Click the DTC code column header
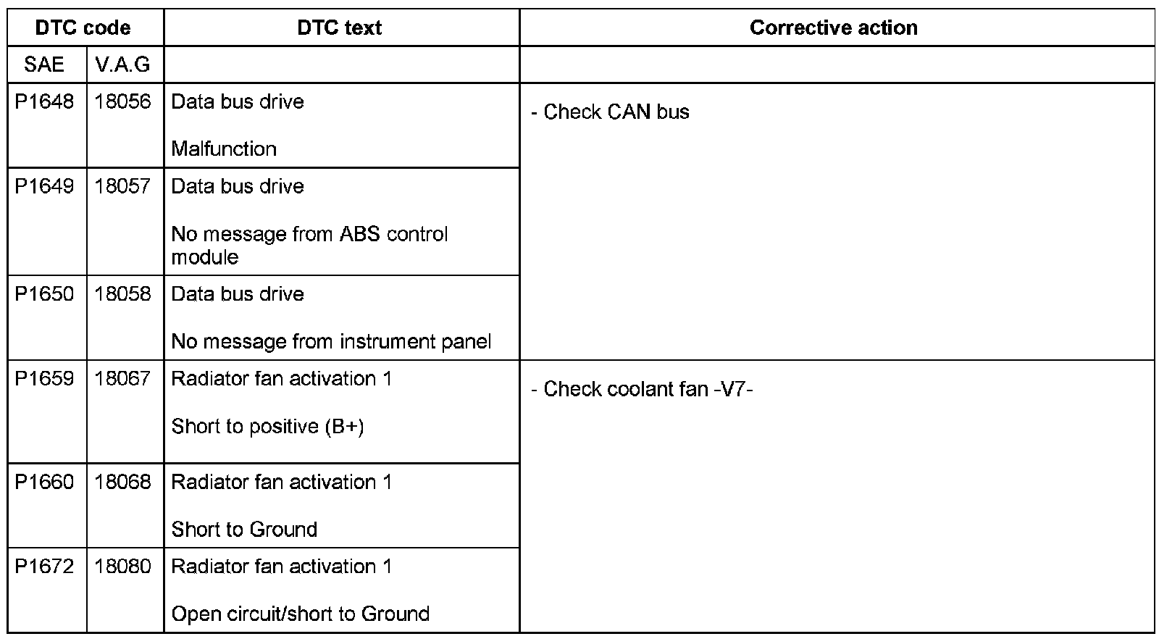[x=83, y=28]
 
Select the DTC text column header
[x=340, y=28]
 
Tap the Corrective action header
[x=834, y=28]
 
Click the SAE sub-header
[x=44, y=65]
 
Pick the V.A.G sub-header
[x=122, y=65]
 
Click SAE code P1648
[x=44, y=102]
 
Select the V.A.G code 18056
[x=122, y=102]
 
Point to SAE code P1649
[x=44, y=187]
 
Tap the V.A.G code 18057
[x=122, y=187]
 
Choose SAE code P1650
[x=44, y=294]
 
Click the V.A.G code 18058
[x=122, y=294]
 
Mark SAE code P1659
[x=44, y=379]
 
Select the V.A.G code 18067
[x=122, y=379]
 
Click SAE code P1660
[x=44, y=483]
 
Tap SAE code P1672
[x=44, y=567]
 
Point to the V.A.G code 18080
[x=122, y=567]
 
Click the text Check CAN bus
[x=616, y=112]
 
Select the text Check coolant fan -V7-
[x=648, y=390]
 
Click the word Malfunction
[x=224, y=149]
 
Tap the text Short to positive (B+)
[x=267, y=427]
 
